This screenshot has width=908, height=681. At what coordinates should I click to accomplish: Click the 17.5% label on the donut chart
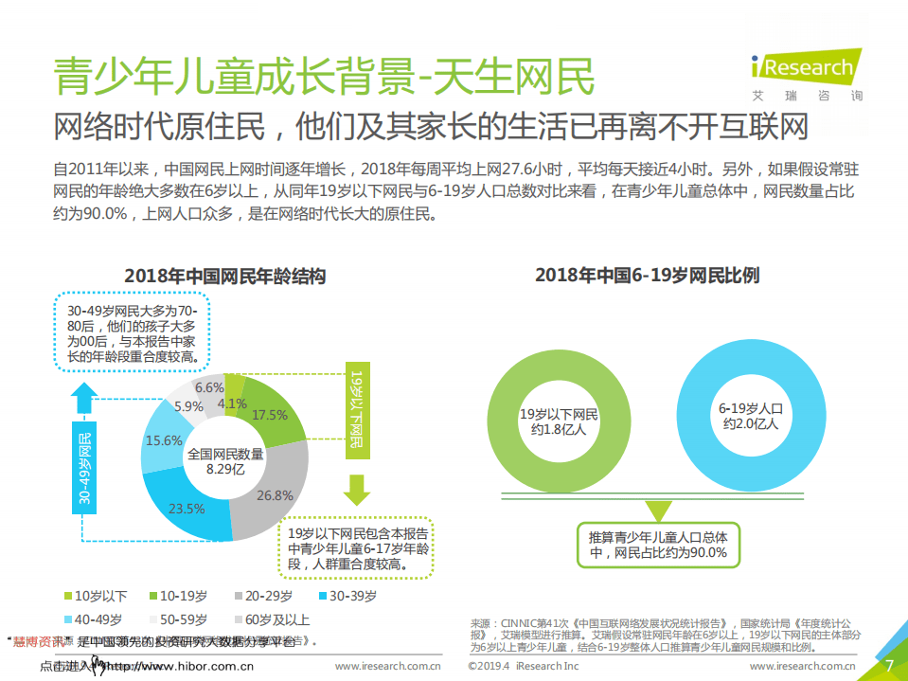(270, 415)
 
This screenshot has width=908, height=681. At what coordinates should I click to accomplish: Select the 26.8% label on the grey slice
(275, 495)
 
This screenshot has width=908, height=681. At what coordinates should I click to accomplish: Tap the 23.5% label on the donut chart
(187, 509)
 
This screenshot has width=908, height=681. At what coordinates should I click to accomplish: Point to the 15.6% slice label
(164, 440)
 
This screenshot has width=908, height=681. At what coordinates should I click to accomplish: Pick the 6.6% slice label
(209, 387)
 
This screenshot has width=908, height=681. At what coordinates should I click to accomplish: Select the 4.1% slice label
(232, 403)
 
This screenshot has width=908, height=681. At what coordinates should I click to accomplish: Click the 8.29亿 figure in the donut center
(225, 470)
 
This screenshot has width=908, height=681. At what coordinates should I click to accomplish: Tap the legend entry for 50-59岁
(184, 620)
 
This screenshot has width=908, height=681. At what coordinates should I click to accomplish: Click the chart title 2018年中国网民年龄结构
(225, 277)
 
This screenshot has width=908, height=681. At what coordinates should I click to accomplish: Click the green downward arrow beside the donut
(357, 490)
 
